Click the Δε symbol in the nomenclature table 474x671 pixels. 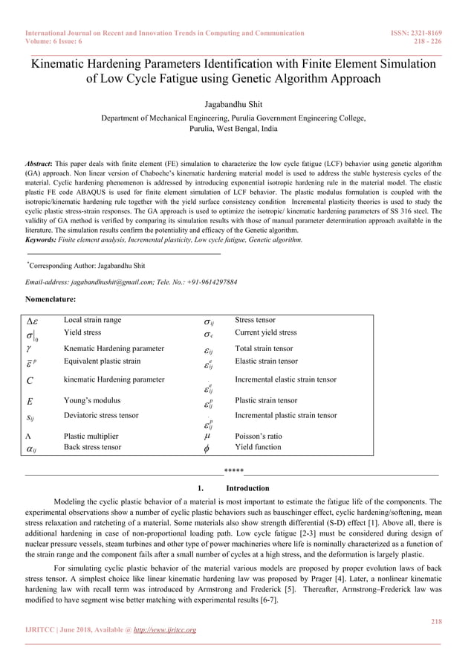(x=33, y=321)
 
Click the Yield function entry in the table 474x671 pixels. (x=258, y=447)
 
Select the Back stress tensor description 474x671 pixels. (x=93, y=447)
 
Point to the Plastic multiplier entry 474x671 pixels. (x=91, y=437)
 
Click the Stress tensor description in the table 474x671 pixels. (x=255, y=320)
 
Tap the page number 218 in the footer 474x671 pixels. (x=436, y=620)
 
